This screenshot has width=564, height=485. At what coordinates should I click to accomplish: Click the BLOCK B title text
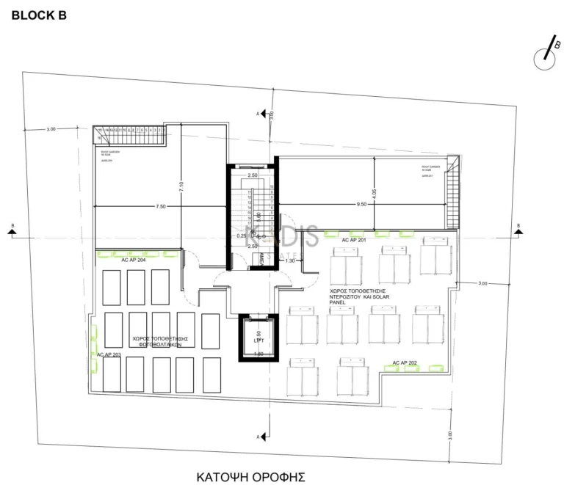point(39,14)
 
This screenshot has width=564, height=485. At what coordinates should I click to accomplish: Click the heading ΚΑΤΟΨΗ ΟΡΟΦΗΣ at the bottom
point(250,477)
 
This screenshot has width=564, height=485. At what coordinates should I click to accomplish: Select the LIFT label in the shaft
point(258,340)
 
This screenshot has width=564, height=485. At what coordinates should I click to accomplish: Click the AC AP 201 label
point(354,240)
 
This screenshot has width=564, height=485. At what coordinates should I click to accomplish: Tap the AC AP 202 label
point(405,362)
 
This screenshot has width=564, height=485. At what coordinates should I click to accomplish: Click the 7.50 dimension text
point(161,207)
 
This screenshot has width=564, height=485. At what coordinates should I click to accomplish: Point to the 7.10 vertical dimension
point(181,188)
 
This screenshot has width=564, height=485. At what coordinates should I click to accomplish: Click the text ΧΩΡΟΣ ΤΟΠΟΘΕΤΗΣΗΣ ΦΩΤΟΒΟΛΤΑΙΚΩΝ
point(160,343)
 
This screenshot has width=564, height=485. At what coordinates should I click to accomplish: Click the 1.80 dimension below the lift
point(258,354)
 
